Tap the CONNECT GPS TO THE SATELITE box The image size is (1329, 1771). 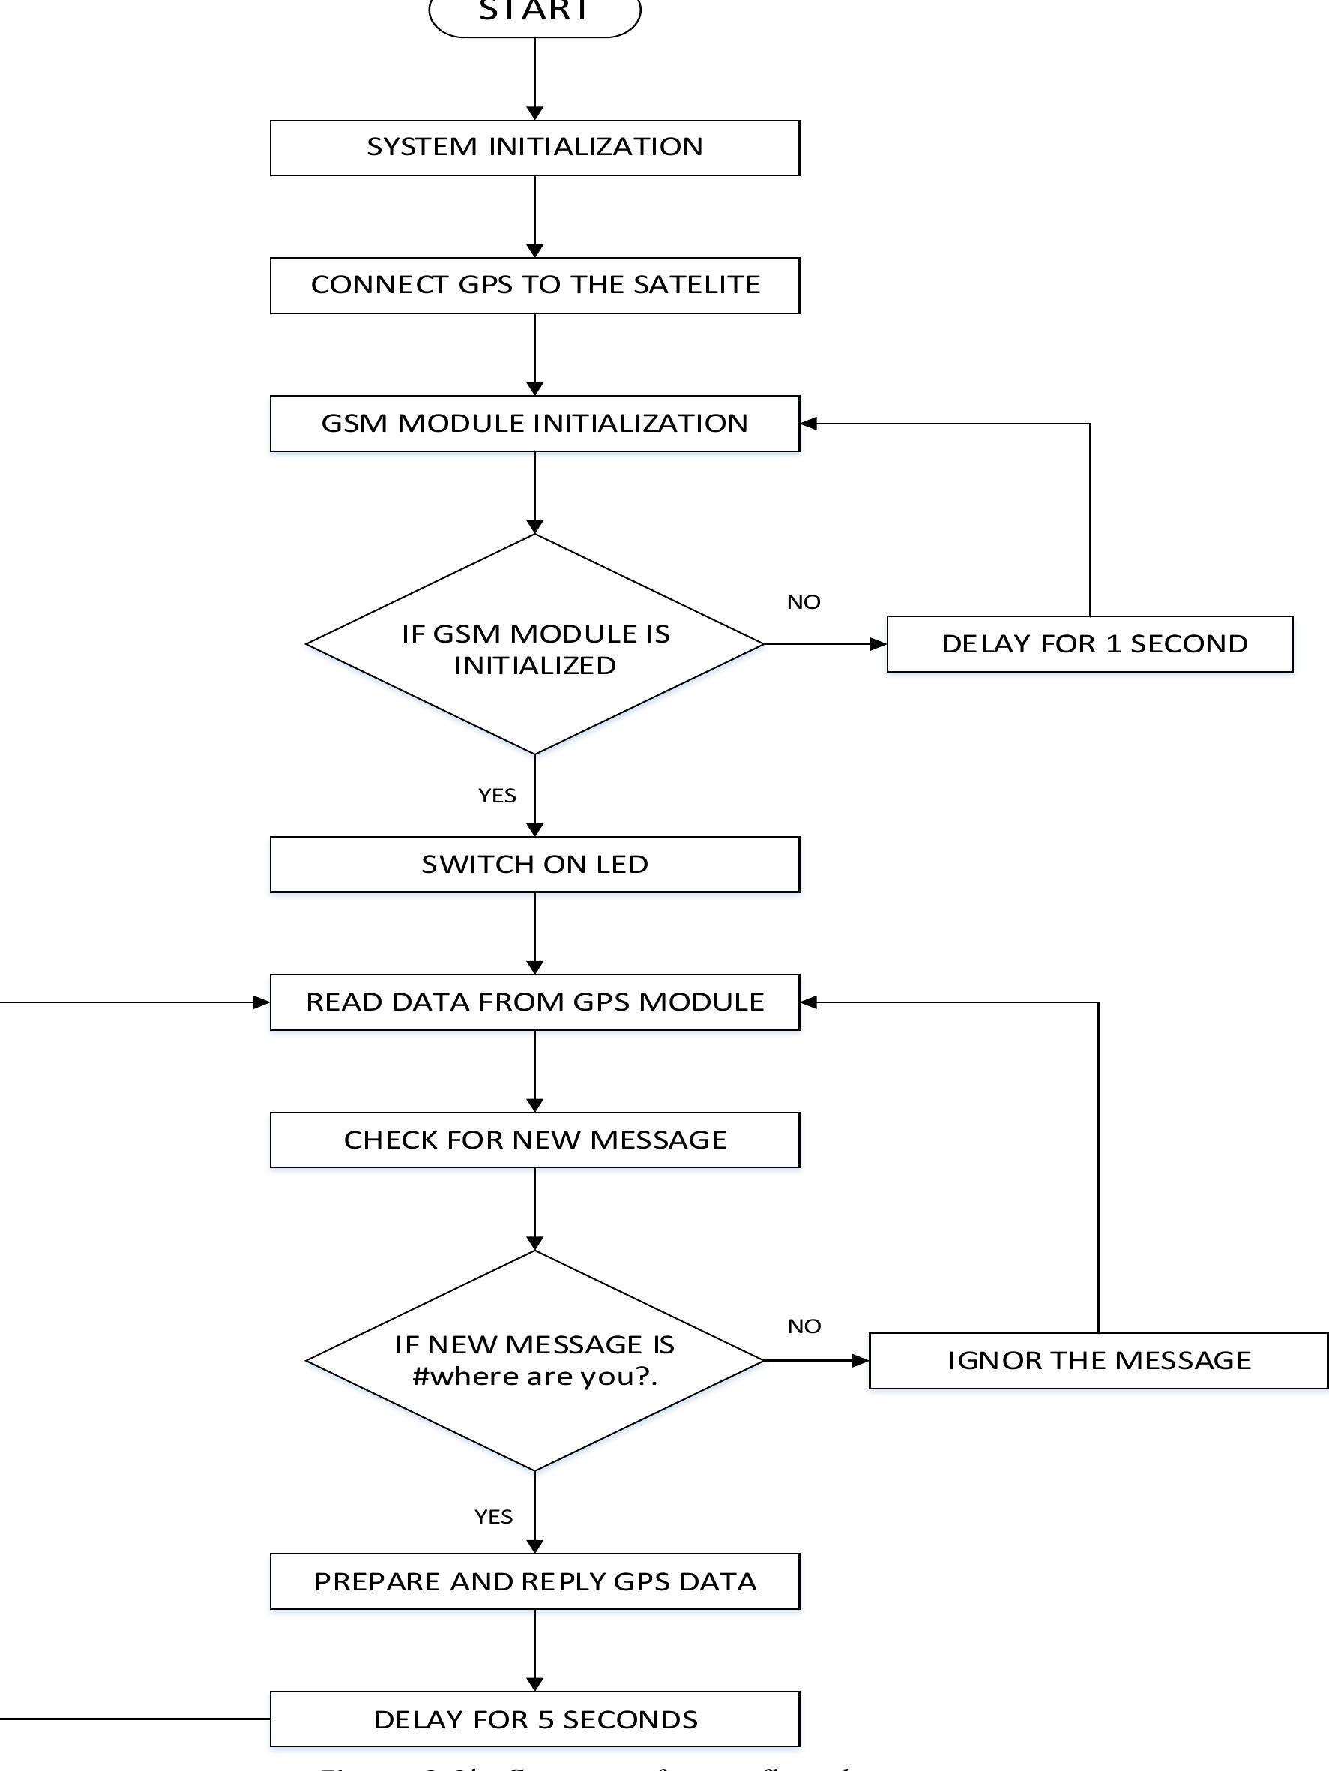[534, 286]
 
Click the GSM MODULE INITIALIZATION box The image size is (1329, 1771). [534, 424]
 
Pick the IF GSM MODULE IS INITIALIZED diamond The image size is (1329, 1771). [534, 645]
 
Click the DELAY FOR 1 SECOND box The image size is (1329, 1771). [1090, 645]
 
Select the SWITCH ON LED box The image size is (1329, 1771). [534, 865]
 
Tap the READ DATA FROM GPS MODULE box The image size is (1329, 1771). [534, 1002]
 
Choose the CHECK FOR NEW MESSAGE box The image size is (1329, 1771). [534, 1140]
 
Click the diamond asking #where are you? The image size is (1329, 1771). [534, 1361]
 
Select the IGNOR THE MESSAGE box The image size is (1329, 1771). [1098, 1361]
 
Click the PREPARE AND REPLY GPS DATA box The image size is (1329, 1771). [534, 1582]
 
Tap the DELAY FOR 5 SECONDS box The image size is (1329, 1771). [534, 1720]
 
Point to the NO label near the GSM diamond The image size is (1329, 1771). [804, 602]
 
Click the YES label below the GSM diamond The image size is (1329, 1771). [497, 796]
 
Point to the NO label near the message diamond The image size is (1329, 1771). [804, 1326]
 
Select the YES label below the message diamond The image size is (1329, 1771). [493, 1518]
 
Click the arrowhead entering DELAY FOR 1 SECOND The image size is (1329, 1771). [879, 645]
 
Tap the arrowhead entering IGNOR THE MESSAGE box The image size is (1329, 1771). [861, 1361]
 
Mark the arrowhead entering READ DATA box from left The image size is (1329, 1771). [262, 1002]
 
